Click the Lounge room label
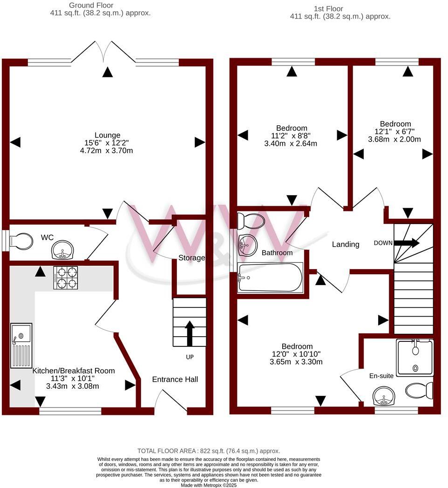(x=108, y=136)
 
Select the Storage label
(x=192, y=258)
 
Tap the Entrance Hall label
(x=175, y=380)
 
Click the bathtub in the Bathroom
(x=270, y=278)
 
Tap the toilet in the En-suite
(x=418, y=390)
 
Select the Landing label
(x=346, y=244)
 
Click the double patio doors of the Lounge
(x=108, y=51)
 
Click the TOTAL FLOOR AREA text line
(x=209, y=451)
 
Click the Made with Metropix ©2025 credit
(x=209, y=485)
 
